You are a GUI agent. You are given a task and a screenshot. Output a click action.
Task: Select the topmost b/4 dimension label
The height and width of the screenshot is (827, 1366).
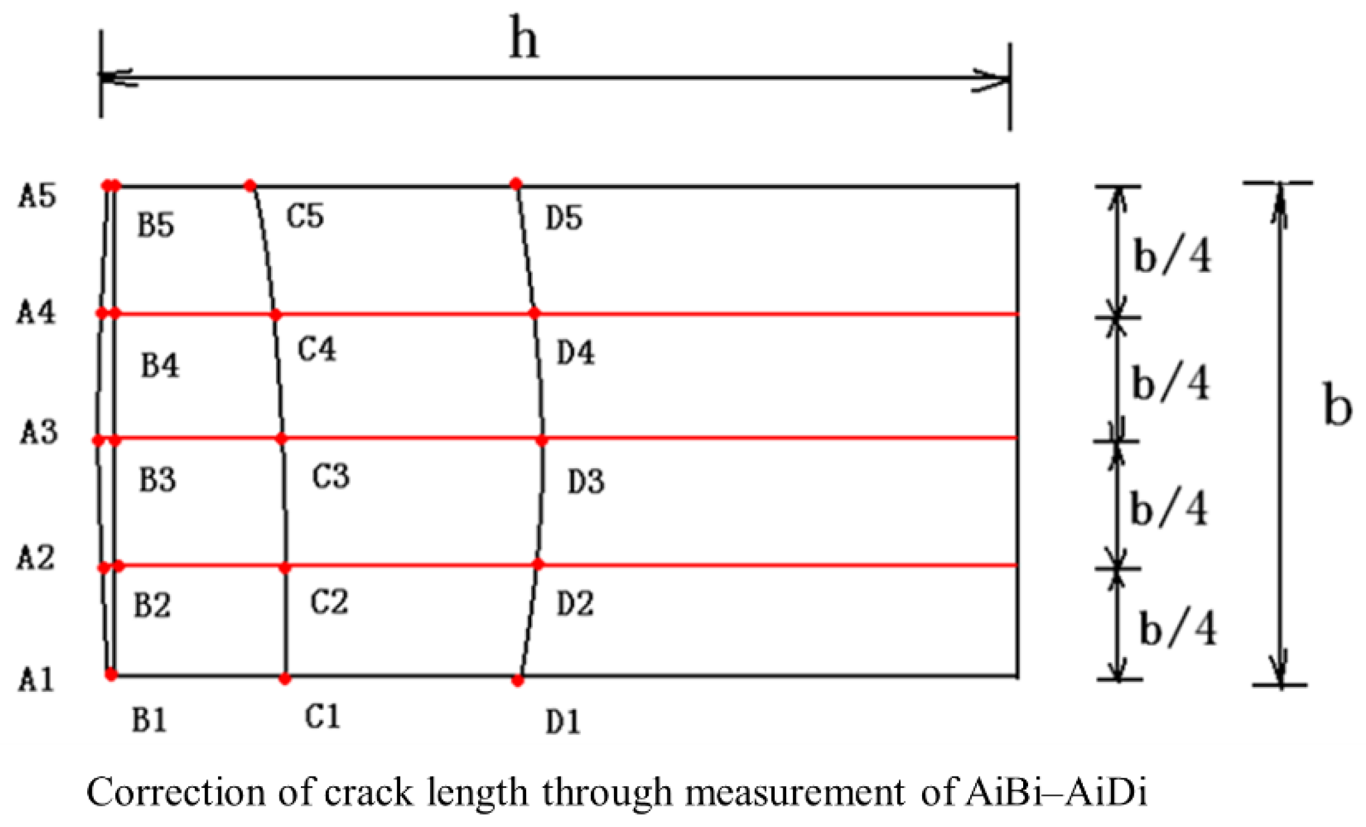(x=1172, y=255)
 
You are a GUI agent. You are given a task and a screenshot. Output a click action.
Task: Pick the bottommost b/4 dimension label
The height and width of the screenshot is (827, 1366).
(x=1177, y=628)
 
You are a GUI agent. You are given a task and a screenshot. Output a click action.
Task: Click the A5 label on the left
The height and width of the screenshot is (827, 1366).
(x=37, y=196)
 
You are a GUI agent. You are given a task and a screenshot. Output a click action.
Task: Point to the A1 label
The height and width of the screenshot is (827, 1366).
(x=36, y=679)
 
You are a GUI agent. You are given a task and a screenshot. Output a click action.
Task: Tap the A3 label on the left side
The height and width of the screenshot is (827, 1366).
(x=39, y=432)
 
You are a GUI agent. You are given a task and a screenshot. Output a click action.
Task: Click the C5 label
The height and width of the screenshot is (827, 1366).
(x=305, y=216)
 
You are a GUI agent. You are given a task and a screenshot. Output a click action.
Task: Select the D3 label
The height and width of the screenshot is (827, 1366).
(x=586, y=482)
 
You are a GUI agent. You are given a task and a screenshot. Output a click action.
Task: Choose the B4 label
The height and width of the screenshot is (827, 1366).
(x=160, y=366)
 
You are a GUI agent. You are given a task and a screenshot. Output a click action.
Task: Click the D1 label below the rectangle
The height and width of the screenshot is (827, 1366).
(x=563, y=722)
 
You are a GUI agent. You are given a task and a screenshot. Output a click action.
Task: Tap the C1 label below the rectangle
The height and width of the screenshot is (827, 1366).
(x=322, y=717)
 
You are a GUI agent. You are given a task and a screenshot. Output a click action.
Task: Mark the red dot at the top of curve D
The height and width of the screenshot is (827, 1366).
(x=516, y=183)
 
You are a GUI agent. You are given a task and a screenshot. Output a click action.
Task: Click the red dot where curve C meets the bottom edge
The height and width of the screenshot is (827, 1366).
(x=284, y=678)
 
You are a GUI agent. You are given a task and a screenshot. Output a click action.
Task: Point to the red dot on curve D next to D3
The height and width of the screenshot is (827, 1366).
(x=542, y=440)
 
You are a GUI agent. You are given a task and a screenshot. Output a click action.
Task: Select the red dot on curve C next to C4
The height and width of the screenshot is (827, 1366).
(x=276, y=315)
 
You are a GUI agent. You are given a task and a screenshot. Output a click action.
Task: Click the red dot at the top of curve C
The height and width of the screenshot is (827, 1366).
(x=250, y=185)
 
